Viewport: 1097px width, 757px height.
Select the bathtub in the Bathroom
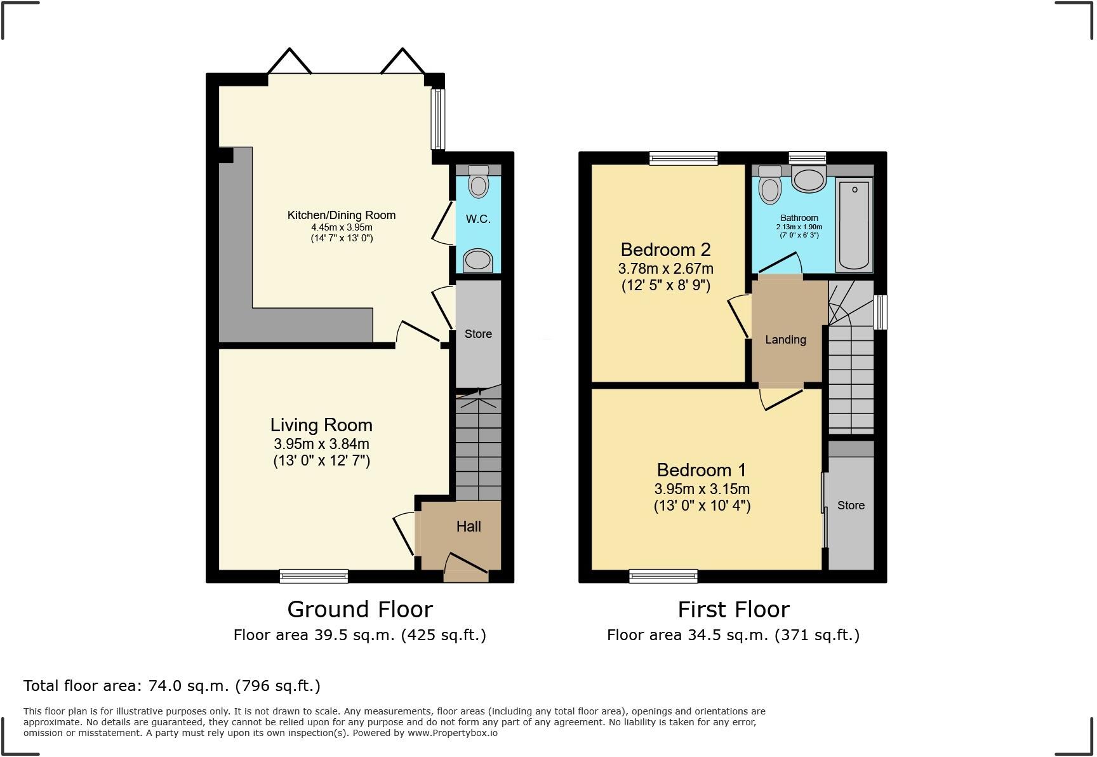tap(854, 224)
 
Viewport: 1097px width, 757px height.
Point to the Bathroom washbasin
tap(809, 179)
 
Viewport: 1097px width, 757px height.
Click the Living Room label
tap(321, 425)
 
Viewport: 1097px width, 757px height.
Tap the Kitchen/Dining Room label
tap(342, 215)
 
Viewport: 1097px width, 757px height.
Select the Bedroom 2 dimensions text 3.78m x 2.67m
tap(665, 269)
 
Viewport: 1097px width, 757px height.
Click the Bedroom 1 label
tap(701, 470)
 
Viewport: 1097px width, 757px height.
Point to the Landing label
tap(785, 340)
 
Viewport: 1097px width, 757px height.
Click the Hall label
tap(469, 526)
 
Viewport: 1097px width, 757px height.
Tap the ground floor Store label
tap(478, 334)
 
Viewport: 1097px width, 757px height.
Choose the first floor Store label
tap(851, 506)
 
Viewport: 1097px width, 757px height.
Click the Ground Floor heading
tap(360, 610)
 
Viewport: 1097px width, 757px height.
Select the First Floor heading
tap(733, 610)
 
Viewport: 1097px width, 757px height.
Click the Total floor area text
tap(171, 686)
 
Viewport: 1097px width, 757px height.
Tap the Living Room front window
tap(314, 576)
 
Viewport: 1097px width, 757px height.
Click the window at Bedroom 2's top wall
tap(683, 157)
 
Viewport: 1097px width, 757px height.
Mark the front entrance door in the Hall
tap(467, 568)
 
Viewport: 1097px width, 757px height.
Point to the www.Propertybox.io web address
tap(452, 733)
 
